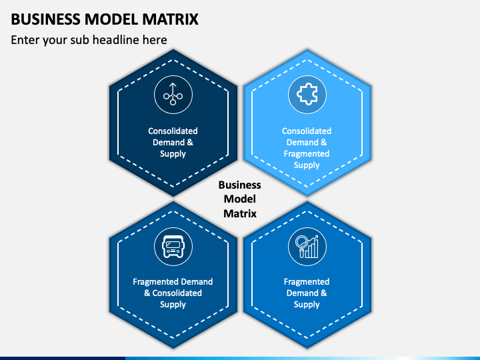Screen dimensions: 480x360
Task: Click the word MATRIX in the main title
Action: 171,19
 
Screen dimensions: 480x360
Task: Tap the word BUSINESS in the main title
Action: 45,19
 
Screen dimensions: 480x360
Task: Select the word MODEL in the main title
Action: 111,19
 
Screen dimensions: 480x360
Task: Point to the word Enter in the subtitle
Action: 25,40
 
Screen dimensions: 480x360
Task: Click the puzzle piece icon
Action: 307,94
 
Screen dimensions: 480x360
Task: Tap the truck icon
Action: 173,247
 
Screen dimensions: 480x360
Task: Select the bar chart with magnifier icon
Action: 307,247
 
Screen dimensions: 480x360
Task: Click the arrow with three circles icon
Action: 173,94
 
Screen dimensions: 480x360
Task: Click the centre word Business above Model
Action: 240,185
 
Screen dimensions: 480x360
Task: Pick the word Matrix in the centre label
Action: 240,213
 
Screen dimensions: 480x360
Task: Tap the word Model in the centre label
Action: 240,199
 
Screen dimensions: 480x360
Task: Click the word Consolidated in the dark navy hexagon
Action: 173,131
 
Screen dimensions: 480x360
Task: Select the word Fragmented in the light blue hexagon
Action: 307,154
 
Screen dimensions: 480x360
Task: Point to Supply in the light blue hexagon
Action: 307,165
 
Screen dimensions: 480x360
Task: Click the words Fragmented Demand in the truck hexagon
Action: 173,281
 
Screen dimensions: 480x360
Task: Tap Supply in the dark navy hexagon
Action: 173,154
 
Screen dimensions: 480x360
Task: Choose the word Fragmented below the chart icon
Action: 307,281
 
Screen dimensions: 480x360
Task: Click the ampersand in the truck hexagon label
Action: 147,293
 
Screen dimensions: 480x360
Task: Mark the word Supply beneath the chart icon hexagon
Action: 307,305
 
